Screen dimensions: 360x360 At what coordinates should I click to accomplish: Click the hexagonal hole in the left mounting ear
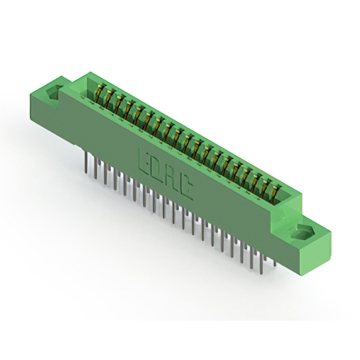[54, 92]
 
